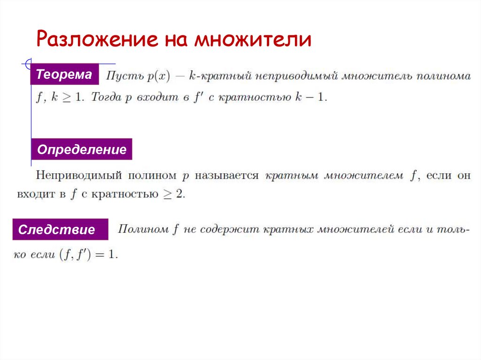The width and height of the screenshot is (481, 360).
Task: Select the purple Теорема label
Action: point(64,75)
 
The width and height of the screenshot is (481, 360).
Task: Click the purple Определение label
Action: point(82,150)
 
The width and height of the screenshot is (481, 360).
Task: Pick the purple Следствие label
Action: point(56,230)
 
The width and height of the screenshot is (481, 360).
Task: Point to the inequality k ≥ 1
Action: point(66,98)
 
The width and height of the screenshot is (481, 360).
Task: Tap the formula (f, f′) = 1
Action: point(86,255)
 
